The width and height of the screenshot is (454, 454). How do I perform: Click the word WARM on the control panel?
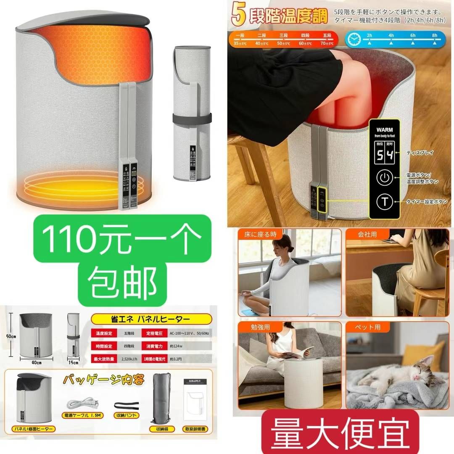tap(385, 129)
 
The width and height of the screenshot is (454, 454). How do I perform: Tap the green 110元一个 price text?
tap(124, 238)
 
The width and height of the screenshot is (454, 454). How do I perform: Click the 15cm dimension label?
tap(74, 362)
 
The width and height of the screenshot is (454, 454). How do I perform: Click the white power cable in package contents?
tap(83, 404)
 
